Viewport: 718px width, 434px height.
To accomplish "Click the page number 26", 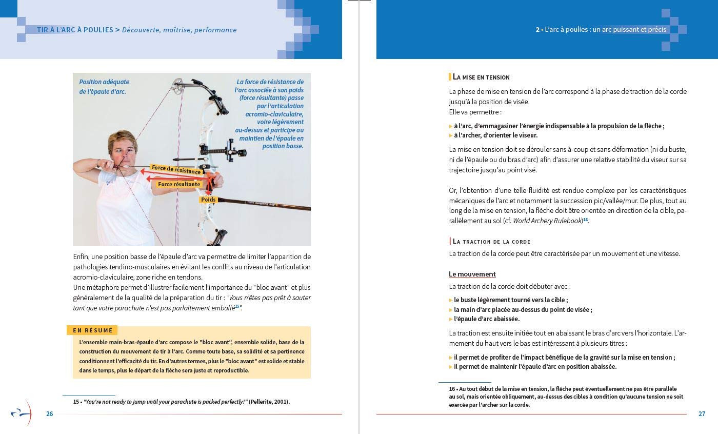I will click(50, 414).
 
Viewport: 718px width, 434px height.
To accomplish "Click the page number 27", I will click(702, 414).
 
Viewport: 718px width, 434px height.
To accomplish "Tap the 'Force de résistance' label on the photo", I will click(176, 169).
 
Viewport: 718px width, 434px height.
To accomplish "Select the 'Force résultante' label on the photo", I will click(179, 184).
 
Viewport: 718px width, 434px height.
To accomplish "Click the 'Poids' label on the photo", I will click(208, 200).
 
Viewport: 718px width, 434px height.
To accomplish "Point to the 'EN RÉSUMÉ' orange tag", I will click(92, 330).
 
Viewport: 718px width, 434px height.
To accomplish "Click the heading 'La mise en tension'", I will click(481, 77).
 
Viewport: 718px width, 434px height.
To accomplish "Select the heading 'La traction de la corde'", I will click(491, 241).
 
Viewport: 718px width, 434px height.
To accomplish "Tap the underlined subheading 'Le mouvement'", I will click(472, 274).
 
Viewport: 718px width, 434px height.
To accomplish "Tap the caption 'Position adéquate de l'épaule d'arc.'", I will click(104, 87).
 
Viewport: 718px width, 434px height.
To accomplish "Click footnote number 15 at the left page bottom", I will click(76, 402).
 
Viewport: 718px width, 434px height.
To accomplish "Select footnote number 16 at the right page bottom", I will click(452, 389).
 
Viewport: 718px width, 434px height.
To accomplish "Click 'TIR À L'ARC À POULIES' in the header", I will click(75, 30).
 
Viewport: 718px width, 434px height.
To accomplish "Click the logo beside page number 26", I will click(22, 412).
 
